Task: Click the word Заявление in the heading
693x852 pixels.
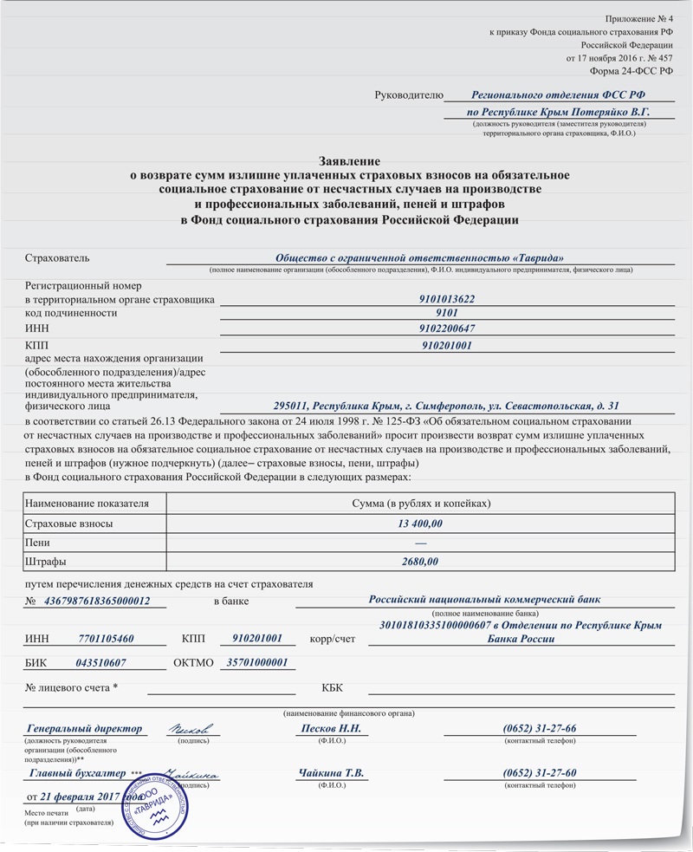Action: [x=349, y=162]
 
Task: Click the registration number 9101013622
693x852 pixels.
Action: [x=446, y=299]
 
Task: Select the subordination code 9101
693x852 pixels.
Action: [x=446, y=313]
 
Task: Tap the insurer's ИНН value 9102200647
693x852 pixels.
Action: [x=446, y=328]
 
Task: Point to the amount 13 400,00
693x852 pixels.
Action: [x=420, y=524]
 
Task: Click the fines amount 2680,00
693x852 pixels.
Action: [x=420, y=562]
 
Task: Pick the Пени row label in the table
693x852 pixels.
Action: [x=37, y=543]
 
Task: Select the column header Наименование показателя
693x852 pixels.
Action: [x=87, y=504]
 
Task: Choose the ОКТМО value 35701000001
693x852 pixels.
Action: [x=256, y=662]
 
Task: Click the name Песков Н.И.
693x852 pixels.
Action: [x=330, y=729]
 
